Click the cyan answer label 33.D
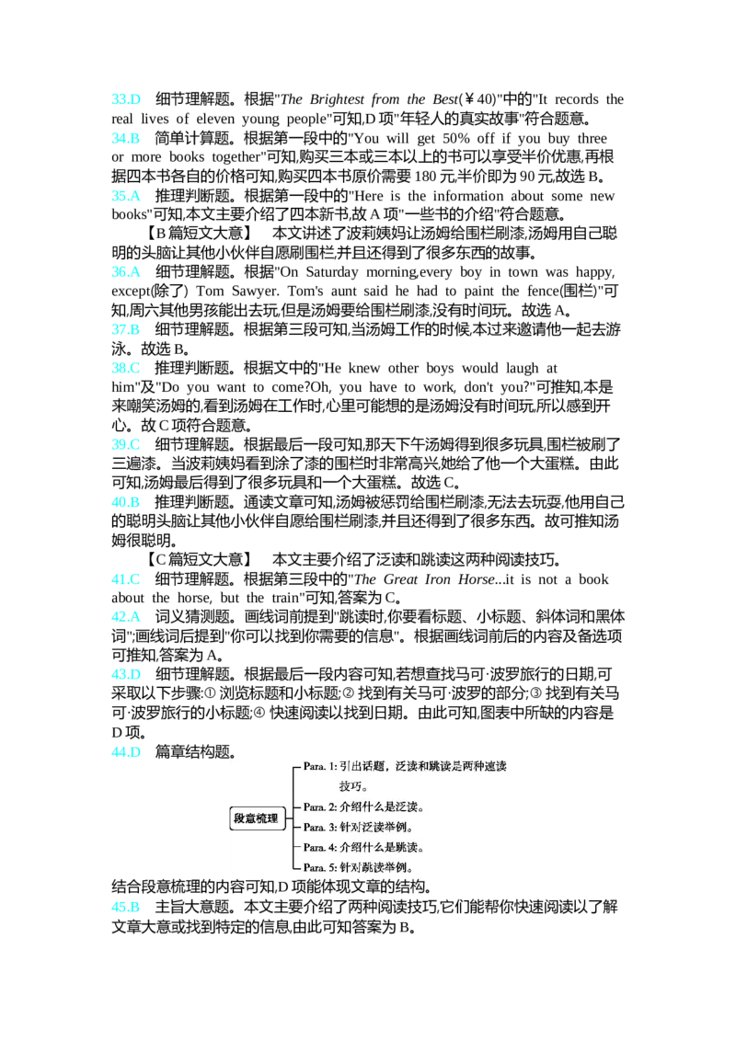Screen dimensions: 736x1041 126,99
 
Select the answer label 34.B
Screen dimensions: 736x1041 125,138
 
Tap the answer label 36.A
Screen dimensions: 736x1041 126,272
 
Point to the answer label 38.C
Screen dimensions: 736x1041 125,369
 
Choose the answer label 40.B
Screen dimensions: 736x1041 125,503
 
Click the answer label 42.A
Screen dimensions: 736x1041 126,617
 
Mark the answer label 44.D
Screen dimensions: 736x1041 126,752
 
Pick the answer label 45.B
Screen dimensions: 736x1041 125,907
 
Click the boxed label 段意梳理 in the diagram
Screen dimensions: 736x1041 257,818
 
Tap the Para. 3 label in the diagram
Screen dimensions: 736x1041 319,828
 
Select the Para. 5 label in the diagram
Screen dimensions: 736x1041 319,868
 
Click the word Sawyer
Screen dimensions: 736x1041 255,292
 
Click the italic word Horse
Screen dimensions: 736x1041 477,579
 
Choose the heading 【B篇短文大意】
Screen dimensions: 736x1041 199,234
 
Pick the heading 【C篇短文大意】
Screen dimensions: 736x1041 199,560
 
